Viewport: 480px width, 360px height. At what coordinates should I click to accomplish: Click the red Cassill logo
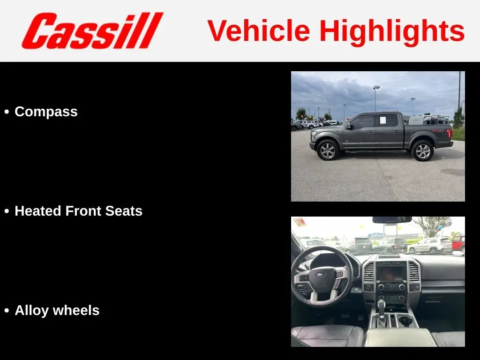(92, 30)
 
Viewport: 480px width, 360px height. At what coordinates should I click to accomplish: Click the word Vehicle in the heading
(259, 30)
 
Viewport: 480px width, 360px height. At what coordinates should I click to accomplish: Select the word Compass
(46, 112)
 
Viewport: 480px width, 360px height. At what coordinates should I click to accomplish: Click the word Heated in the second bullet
(38, 211)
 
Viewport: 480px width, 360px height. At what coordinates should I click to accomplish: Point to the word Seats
(124, 211)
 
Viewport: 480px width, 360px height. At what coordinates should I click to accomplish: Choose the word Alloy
(31, 311)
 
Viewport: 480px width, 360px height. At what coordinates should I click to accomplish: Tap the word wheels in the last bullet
(76, 310)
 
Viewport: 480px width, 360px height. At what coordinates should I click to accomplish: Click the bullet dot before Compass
(7, 112)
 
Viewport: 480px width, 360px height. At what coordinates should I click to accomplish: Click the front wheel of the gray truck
(328, 150)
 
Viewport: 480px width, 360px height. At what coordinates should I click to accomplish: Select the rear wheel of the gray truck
(422, 150)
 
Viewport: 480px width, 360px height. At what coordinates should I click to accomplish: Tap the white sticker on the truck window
(382, 120)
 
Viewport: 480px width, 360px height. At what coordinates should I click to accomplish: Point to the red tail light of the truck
(450, 133)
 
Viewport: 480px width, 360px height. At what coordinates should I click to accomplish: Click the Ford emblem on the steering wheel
(321, 275)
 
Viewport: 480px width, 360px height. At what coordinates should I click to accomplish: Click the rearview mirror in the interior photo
(392, 220)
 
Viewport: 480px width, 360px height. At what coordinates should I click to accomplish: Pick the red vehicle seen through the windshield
(458, 244)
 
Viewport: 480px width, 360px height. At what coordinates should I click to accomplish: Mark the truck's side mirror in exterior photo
(348, 126)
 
